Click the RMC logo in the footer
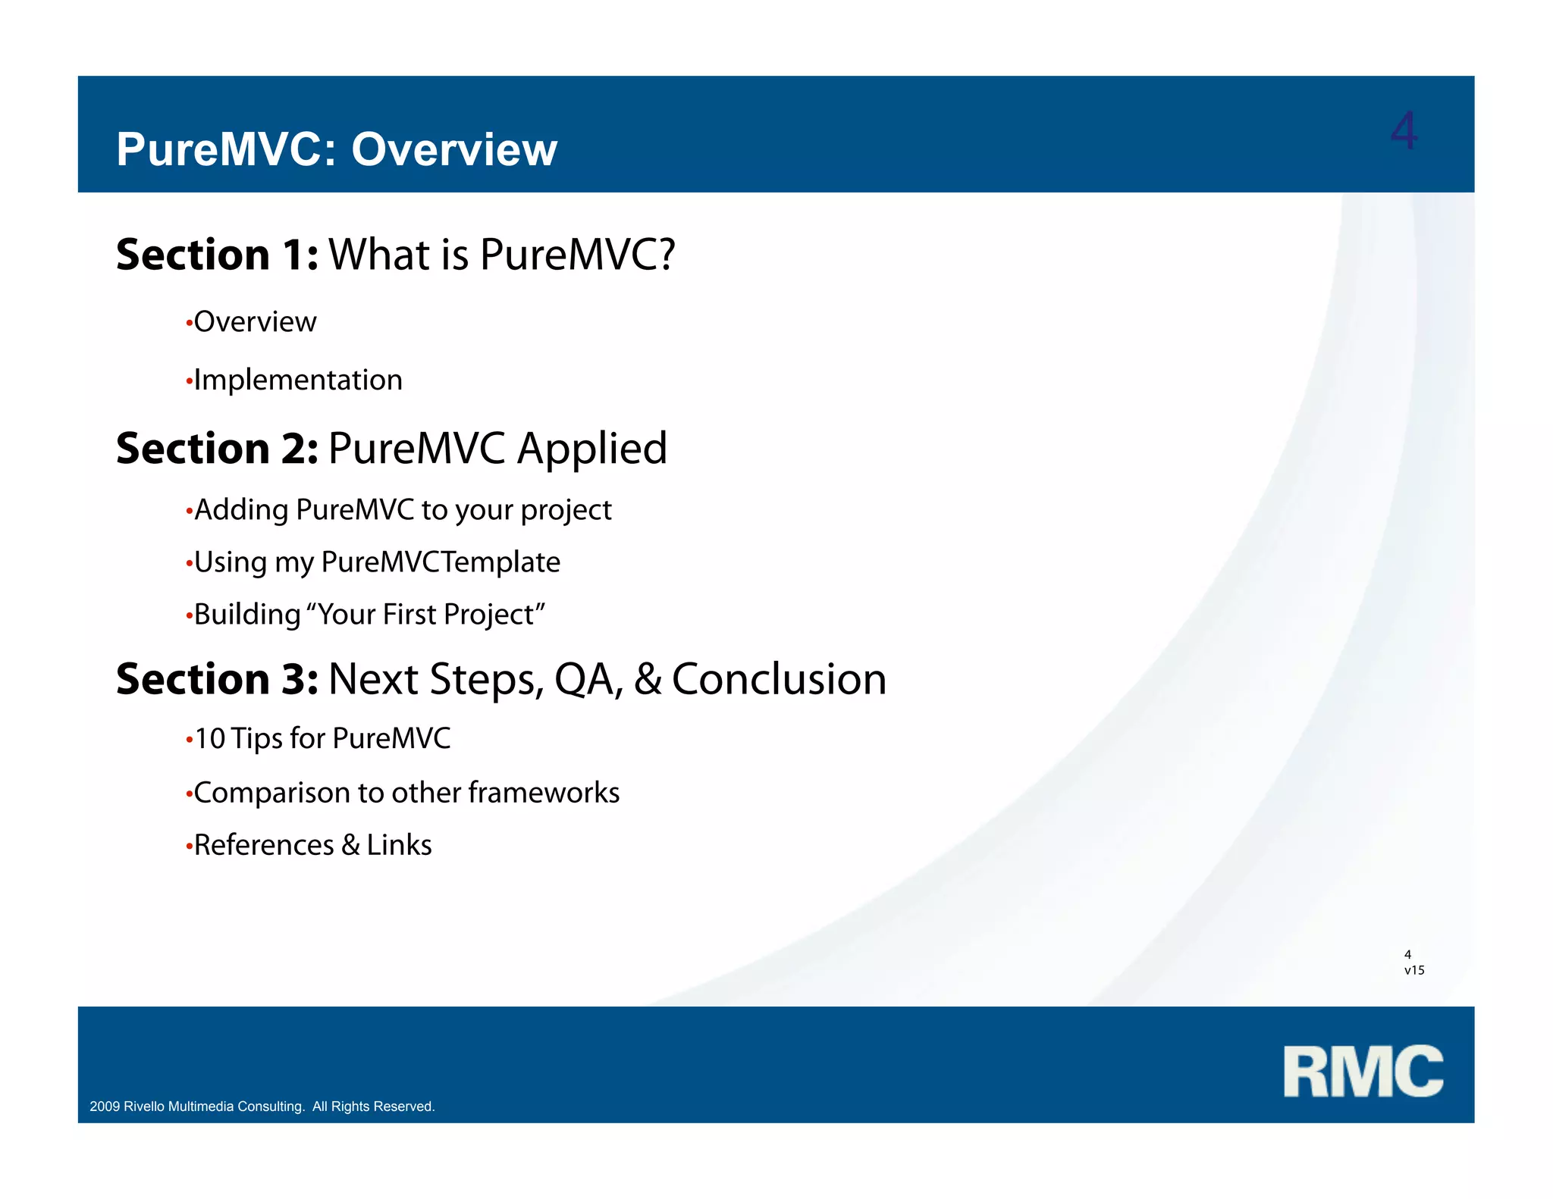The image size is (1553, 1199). point(1363,1071)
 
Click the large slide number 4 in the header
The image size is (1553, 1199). point(1404,131)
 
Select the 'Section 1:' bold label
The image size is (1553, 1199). point(217,255)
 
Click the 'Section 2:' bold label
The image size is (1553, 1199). point(217,449)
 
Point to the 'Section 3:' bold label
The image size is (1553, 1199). point(217,679)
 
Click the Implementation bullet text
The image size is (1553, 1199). point(298,380)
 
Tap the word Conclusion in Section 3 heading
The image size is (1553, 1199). point(779,679)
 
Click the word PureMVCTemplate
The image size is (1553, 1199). point(441,562)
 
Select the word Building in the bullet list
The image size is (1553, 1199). point(247,615)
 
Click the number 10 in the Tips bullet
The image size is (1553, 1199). point(210,739)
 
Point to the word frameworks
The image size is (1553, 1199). point(544,793)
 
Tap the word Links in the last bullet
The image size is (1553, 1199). point(399,845)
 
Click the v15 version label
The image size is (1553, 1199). point(1413,970)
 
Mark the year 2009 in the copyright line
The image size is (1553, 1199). point(105,1107)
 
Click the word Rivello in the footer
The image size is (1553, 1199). point(144,1107)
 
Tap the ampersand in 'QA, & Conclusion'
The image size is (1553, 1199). point(648,679)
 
